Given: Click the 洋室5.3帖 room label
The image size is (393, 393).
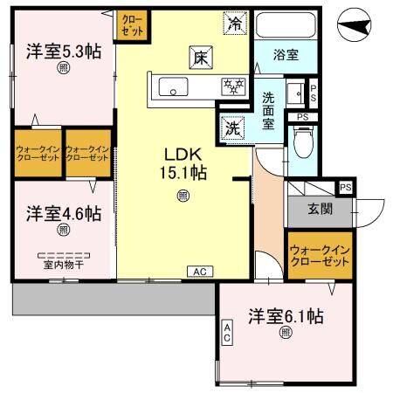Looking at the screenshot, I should click(x=63, y=52).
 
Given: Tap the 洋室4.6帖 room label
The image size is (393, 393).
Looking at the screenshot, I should click(x=62, y=214).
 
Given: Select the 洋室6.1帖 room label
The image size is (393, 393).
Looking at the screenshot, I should click(x=285, y=315).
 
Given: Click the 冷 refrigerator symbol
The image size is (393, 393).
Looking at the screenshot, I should click(x=235, y=24).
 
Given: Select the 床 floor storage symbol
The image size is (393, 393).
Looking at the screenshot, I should click(x=199, y=59).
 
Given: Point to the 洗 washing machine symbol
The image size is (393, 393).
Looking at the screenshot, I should click(x=232, y=128).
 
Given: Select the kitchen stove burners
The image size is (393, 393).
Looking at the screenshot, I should click(x=233, y=86).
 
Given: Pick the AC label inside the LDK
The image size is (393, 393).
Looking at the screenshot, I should click(x=200, y=271).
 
